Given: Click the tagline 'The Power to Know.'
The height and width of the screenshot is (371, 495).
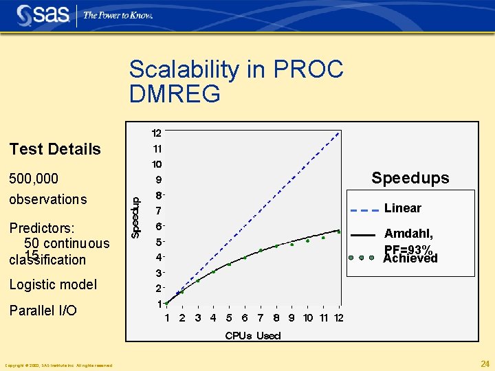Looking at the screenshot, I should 118,15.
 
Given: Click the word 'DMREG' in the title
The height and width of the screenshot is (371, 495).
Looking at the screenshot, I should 175,93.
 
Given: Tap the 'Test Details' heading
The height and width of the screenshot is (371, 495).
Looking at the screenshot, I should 54,149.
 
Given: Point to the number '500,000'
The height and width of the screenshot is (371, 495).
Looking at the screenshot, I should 33,179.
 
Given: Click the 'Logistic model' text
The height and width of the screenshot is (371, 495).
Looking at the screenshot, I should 53,284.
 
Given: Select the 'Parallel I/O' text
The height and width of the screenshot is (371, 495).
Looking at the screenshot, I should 43,311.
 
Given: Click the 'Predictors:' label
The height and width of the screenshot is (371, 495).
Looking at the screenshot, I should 42,227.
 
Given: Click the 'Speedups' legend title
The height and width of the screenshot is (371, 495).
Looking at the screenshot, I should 410,178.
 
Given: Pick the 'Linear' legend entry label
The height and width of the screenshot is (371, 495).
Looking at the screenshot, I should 403,208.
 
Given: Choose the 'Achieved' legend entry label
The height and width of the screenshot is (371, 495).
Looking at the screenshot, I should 410,259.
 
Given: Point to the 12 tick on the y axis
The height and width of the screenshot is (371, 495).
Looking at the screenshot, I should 157,133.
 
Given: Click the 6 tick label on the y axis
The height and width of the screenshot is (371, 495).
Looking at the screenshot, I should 158,226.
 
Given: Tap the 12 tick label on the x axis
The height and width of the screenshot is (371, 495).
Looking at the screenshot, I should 338,317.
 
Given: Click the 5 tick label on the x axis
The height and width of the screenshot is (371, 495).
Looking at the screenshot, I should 229,317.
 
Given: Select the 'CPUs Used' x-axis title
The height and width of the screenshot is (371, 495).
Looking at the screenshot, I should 253,335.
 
